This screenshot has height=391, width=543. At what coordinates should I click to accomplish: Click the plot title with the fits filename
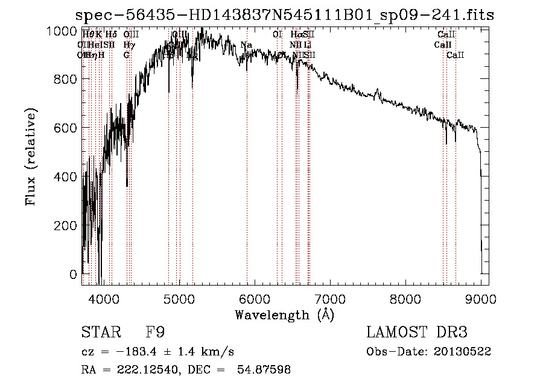tap(284, 15)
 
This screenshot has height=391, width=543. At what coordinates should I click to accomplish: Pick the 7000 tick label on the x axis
tap(329, 298)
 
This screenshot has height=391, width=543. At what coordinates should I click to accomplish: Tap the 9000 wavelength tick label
tap(481, 298)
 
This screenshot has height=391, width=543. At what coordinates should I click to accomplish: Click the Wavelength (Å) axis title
tap(284, 314)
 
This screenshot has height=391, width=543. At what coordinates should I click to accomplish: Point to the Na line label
tap(246, 45)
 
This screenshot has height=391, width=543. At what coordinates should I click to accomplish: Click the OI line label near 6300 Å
tap(277, 35)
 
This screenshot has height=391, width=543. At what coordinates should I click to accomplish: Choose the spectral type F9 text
tap(155, 333)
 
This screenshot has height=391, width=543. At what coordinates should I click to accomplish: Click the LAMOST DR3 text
tap(417, 333)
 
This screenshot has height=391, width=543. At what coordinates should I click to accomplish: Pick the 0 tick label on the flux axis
tap(74, 274)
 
